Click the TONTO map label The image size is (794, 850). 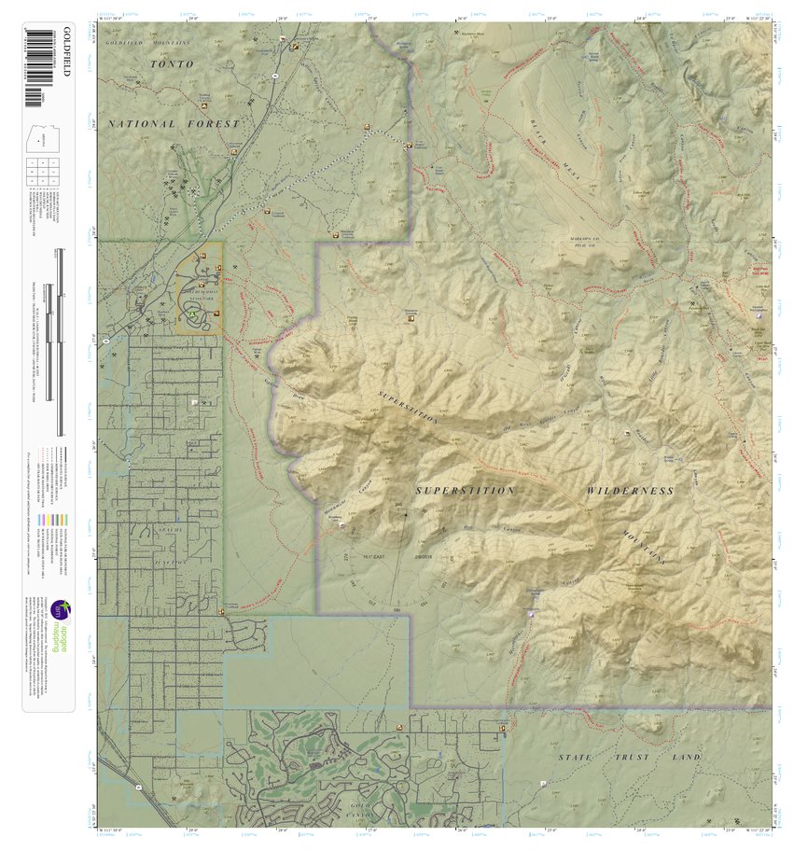[x=174, y=64]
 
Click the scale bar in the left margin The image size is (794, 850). [x=60, y=341]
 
